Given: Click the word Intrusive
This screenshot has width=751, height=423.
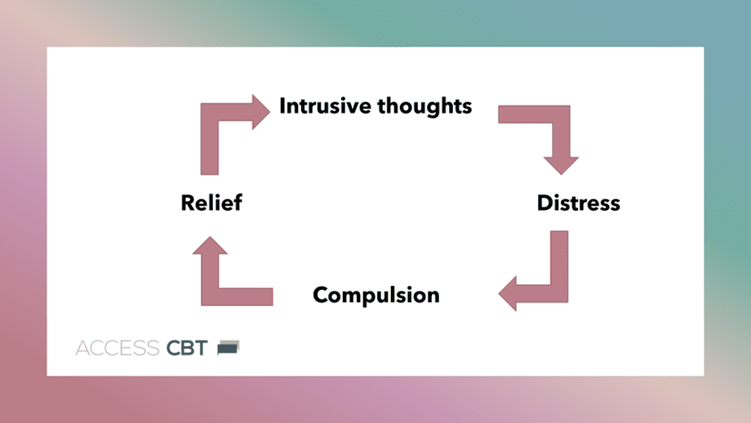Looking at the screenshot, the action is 325,106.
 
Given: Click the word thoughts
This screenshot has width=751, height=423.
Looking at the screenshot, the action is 424,106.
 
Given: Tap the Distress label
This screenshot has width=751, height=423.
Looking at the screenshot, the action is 578,203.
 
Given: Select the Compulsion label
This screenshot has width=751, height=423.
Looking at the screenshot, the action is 376,295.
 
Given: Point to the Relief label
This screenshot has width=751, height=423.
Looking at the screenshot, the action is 211,203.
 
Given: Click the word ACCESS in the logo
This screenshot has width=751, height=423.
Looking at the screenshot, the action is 118,348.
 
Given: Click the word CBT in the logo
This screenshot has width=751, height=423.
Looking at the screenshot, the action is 187,348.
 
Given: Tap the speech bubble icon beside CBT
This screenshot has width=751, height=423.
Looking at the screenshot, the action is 228,347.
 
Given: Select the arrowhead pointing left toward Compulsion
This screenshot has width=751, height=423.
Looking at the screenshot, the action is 508,294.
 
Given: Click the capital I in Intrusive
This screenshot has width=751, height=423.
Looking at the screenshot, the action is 282,106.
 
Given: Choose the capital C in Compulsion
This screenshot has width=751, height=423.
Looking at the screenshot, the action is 321,295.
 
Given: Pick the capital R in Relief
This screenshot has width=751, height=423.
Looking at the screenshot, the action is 189,203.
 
